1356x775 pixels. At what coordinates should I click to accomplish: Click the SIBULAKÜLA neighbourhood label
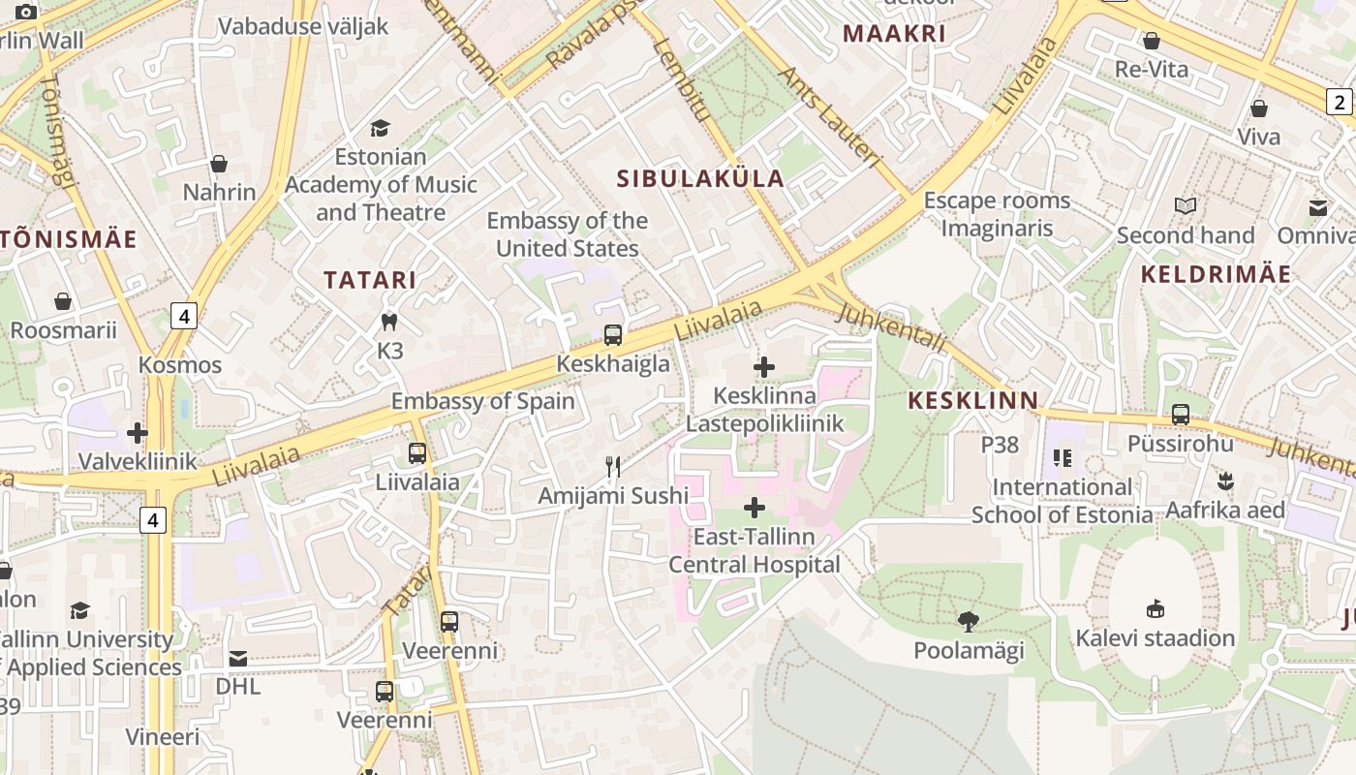[x=700, y=178]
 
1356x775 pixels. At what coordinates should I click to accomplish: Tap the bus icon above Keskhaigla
[x=613, y=335]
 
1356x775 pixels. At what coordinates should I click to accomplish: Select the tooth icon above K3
[x=389, y=322]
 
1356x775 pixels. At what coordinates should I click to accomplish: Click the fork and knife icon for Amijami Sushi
[x=613, y=467]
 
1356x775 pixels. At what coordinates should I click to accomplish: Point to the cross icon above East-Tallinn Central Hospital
[x=755, y=508]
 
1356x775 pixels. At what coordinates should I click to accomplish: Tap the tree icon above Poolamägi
[x=968, y=622]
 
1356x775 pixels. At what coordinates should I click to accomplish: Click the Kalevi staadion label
[x=1156, y=638]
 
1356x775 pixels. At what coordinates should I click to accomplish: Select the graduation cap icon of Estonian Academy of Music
[x=381, y=128]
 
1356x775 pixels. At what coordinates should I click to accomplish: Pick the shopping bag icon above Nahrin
[x=219, y=164]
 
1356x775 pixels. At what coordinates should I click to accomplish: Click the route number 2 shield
[x=1340, y=102]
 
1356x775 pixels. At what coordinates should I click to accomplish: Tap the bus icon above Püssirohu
[x=1181, y=415]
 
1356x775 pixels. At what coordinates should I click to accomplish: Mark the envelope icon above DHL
[x=238, y=659]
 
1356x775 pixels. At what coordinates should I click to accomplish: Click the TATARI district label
[x=370, y=280]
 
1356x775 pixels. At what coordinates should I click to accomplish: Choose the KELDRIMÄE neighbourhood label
[x=1216, y=274]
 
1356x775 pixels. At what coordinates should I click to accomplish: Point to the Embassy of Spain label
[x=482, y=401]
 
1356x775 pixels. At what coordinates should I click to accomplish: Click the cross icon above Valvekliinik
[x=138, y=433]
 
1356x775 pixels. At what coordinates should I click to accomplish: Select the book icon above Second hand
[x=1186, y=205]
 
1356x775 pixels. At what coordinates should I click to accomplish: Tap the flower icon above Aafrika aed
[x=1225, y=481]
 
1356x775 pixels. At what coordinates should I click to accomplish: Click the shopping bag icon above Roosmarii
[x=63, y=301]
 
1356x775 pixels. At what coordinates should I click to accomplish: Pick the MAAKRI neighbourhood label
[x=893, y=34]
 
